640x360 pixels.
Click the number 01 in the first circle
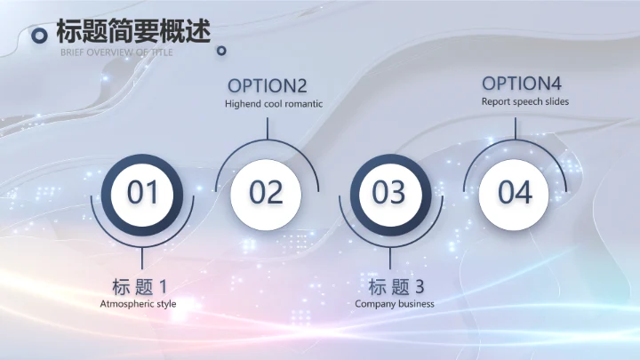click(142, 192)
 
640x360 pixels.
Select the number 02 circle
click(266, 192)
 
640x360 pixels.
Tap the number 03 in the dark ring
click(389, 192)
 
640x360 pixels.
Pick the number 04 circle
click(514, 192)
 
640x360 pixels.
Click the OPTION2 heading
click(268, 85)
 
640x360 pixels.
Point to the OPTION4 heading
click(522, 84)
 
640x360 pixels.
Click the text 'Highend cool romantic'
click(273, 104)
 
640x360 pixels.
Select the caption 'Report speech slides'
click(525, 101)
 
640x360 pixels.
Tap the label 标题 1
click(140, 286)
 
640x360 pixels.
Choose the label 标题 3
click(396, 286)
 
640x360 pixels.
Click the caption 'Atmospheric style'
click(139, 304)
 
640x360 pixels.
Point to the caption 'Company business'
click(395, 304)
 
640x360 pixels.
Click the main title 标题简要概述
click(133, 32)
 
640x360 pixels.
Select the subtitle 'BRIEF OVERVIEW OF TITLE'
click(117, 52)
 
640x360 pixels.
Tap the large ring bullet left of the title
click(39, 35)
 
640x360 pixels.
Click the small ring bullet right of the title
click(221, 51)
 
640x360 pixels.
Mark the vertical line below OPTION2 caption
click(267, 126)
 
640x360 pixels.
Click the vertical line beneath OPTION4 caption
click(515, 124)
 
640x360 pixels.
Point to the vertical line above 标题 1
click(142, 258)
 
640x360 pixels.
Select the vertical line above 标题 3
click(389, 258)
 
